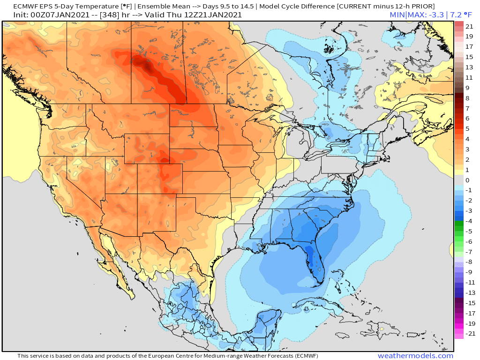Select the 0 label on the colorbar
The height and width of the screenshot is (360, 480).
467,180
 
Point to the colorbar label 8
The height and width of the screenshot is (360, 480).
467,98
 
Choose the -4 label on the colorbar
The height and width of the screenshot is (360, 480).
469,221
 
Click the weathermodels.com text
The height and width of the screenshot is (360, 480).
415,356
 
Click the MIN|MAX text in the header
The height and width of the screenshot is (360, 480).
407,15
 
